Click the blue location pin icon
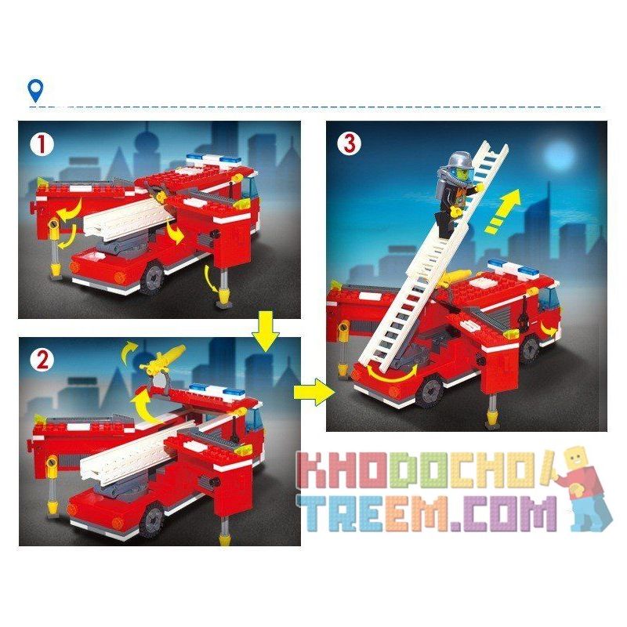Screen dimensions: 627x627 click(35, 91)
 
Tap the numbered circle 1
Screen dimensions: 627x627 click(42, 143)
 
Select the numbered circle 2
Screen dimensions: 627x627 click(41, 361)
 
